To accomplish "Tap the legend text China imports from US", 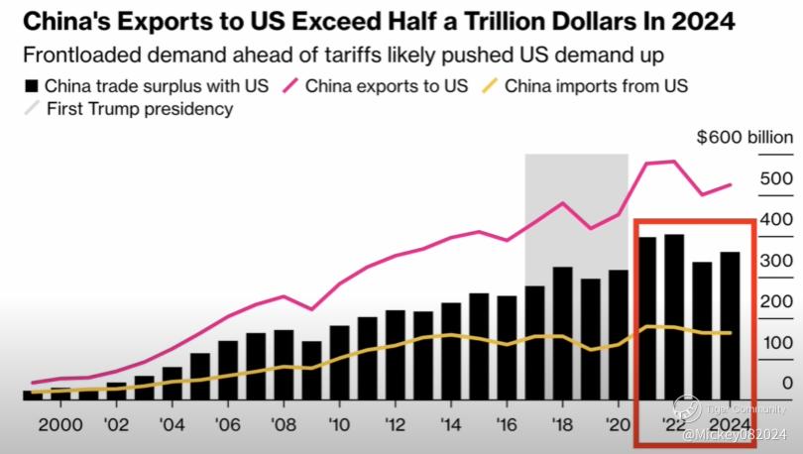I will click(597, 86).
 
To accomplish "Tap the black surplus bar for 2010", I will click(339, 362).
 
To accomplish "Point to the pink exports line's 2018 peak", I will click(562, 203).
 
